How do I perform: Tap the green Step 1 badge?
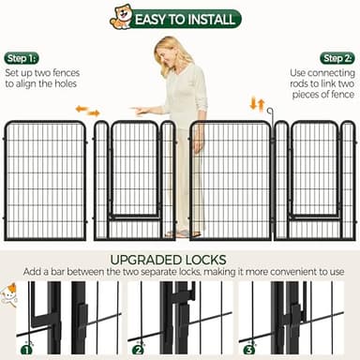tap(21, 58)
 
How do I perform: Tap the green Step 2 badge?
tap(337, 58)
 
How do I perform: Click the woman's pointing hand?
tap(141, 111)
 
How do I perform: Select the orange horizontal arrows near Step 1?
tap(87, 111)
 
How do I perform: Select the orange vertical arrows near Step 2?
tap(256, 103)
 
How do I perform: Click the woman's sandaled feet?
tap(183, 232)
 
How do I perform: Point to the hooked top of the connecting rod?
tap(271, 112)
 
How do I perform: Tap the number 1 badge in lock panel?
tap(26, 349)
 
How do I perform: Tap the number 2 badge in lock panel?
tap(138, 349)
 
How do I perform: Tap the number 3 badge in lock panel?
tap(249, 349)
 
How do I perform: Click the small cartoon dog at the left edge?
tap(9, 293)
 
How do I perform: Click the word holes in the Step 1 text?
tap(63, 83)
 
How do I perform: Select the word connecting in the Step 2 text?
tap(317, 71)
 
